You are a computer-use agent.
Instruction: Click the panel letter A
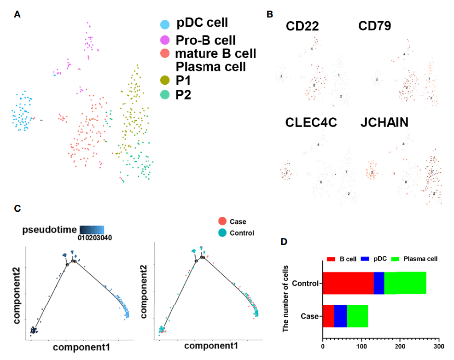pyautogui.click(x=17, y=15)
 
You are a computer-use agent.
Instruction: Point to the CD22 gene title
pyautogui.click(x=302, y=27)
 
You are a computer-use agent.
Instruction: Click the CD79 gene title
pyautogui.click(x=375, y=27)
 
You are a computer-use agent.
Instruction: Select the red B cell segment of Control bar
pyautogui.click(x=348, y=283)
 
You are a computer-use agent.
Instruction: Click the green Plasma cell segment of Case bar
pyautogui.click(x=357, y=316)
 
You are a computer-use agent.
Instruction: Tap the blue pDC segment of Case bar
pyautogui.click(x=340, y=316)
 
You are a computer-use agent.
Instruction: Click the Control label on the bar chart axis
pyautogui.click(x=305, y=283)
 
